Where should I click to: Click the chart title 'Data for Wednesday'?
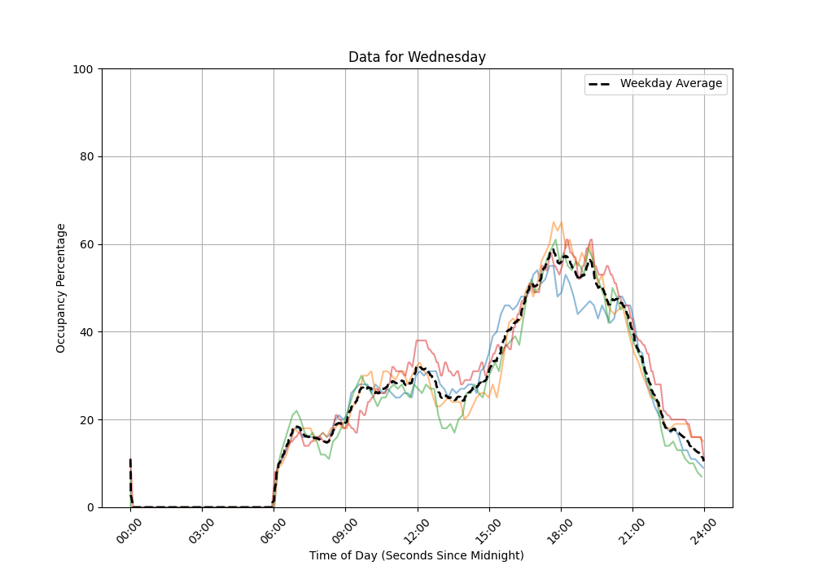[x=417, y=57]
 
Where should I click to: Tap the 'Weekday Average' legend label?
[x=671, y=84]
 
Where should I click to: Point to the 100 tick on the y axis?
[x=81, y=69]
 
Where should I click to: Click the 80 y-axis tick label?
[x=85, y=157]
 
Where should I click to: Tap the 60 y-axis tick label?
[x=85, y=244]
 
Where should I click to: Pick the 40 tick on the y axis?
[x=85, y=332]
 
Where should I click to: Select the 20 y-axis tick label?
[x=85, y=420]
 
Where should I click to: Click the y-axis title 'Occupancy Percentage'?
[x=61, y=288]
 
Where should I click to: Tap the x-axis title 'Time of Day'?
[x=417, y=555]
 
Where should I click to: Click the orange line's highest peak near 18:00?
[x=554, y=221]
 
